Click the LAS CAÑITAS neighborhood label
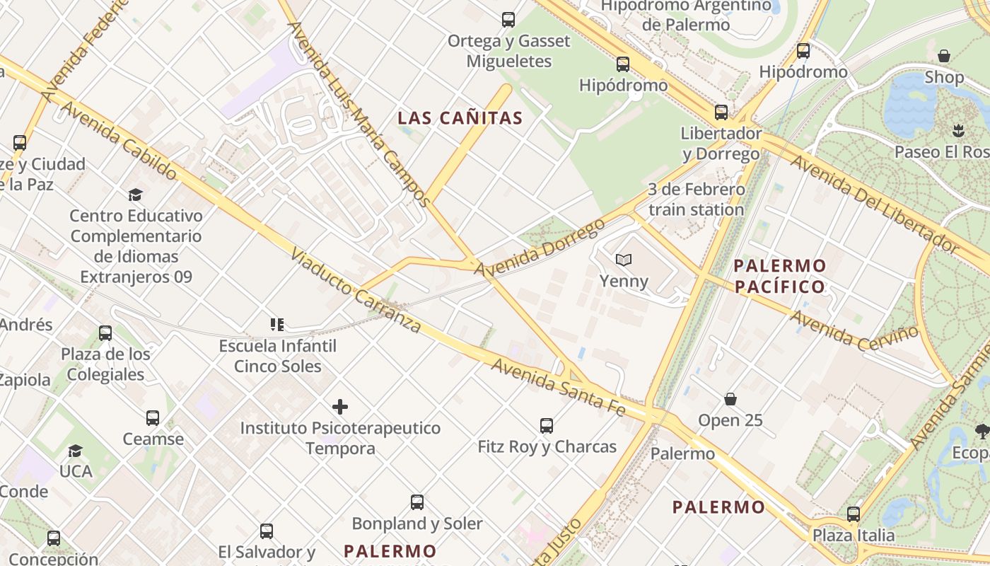[460, 118]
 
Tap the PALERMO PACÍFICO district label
[779, 276]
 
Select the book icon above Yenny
[623, 260]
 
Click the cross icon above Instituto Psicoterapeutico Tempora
[340, 407]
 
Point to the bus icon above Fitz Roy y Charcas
[547, 425]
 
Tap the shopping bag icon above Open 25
[730, 400]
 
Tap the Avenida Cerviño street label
[855, 331]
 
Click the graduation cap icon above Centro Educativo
[135, 195]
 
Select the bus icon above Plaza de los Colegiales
[105, 333]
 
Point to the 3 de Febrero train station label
[697, 200]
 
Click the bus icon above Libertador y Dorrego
[721, 112]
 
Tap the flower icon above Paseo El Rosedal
[958, 130]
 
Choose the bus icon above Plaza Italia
[854, 514]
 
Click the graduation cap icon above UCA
[75, 451]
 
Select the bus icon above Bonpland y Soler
[417, 502]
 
